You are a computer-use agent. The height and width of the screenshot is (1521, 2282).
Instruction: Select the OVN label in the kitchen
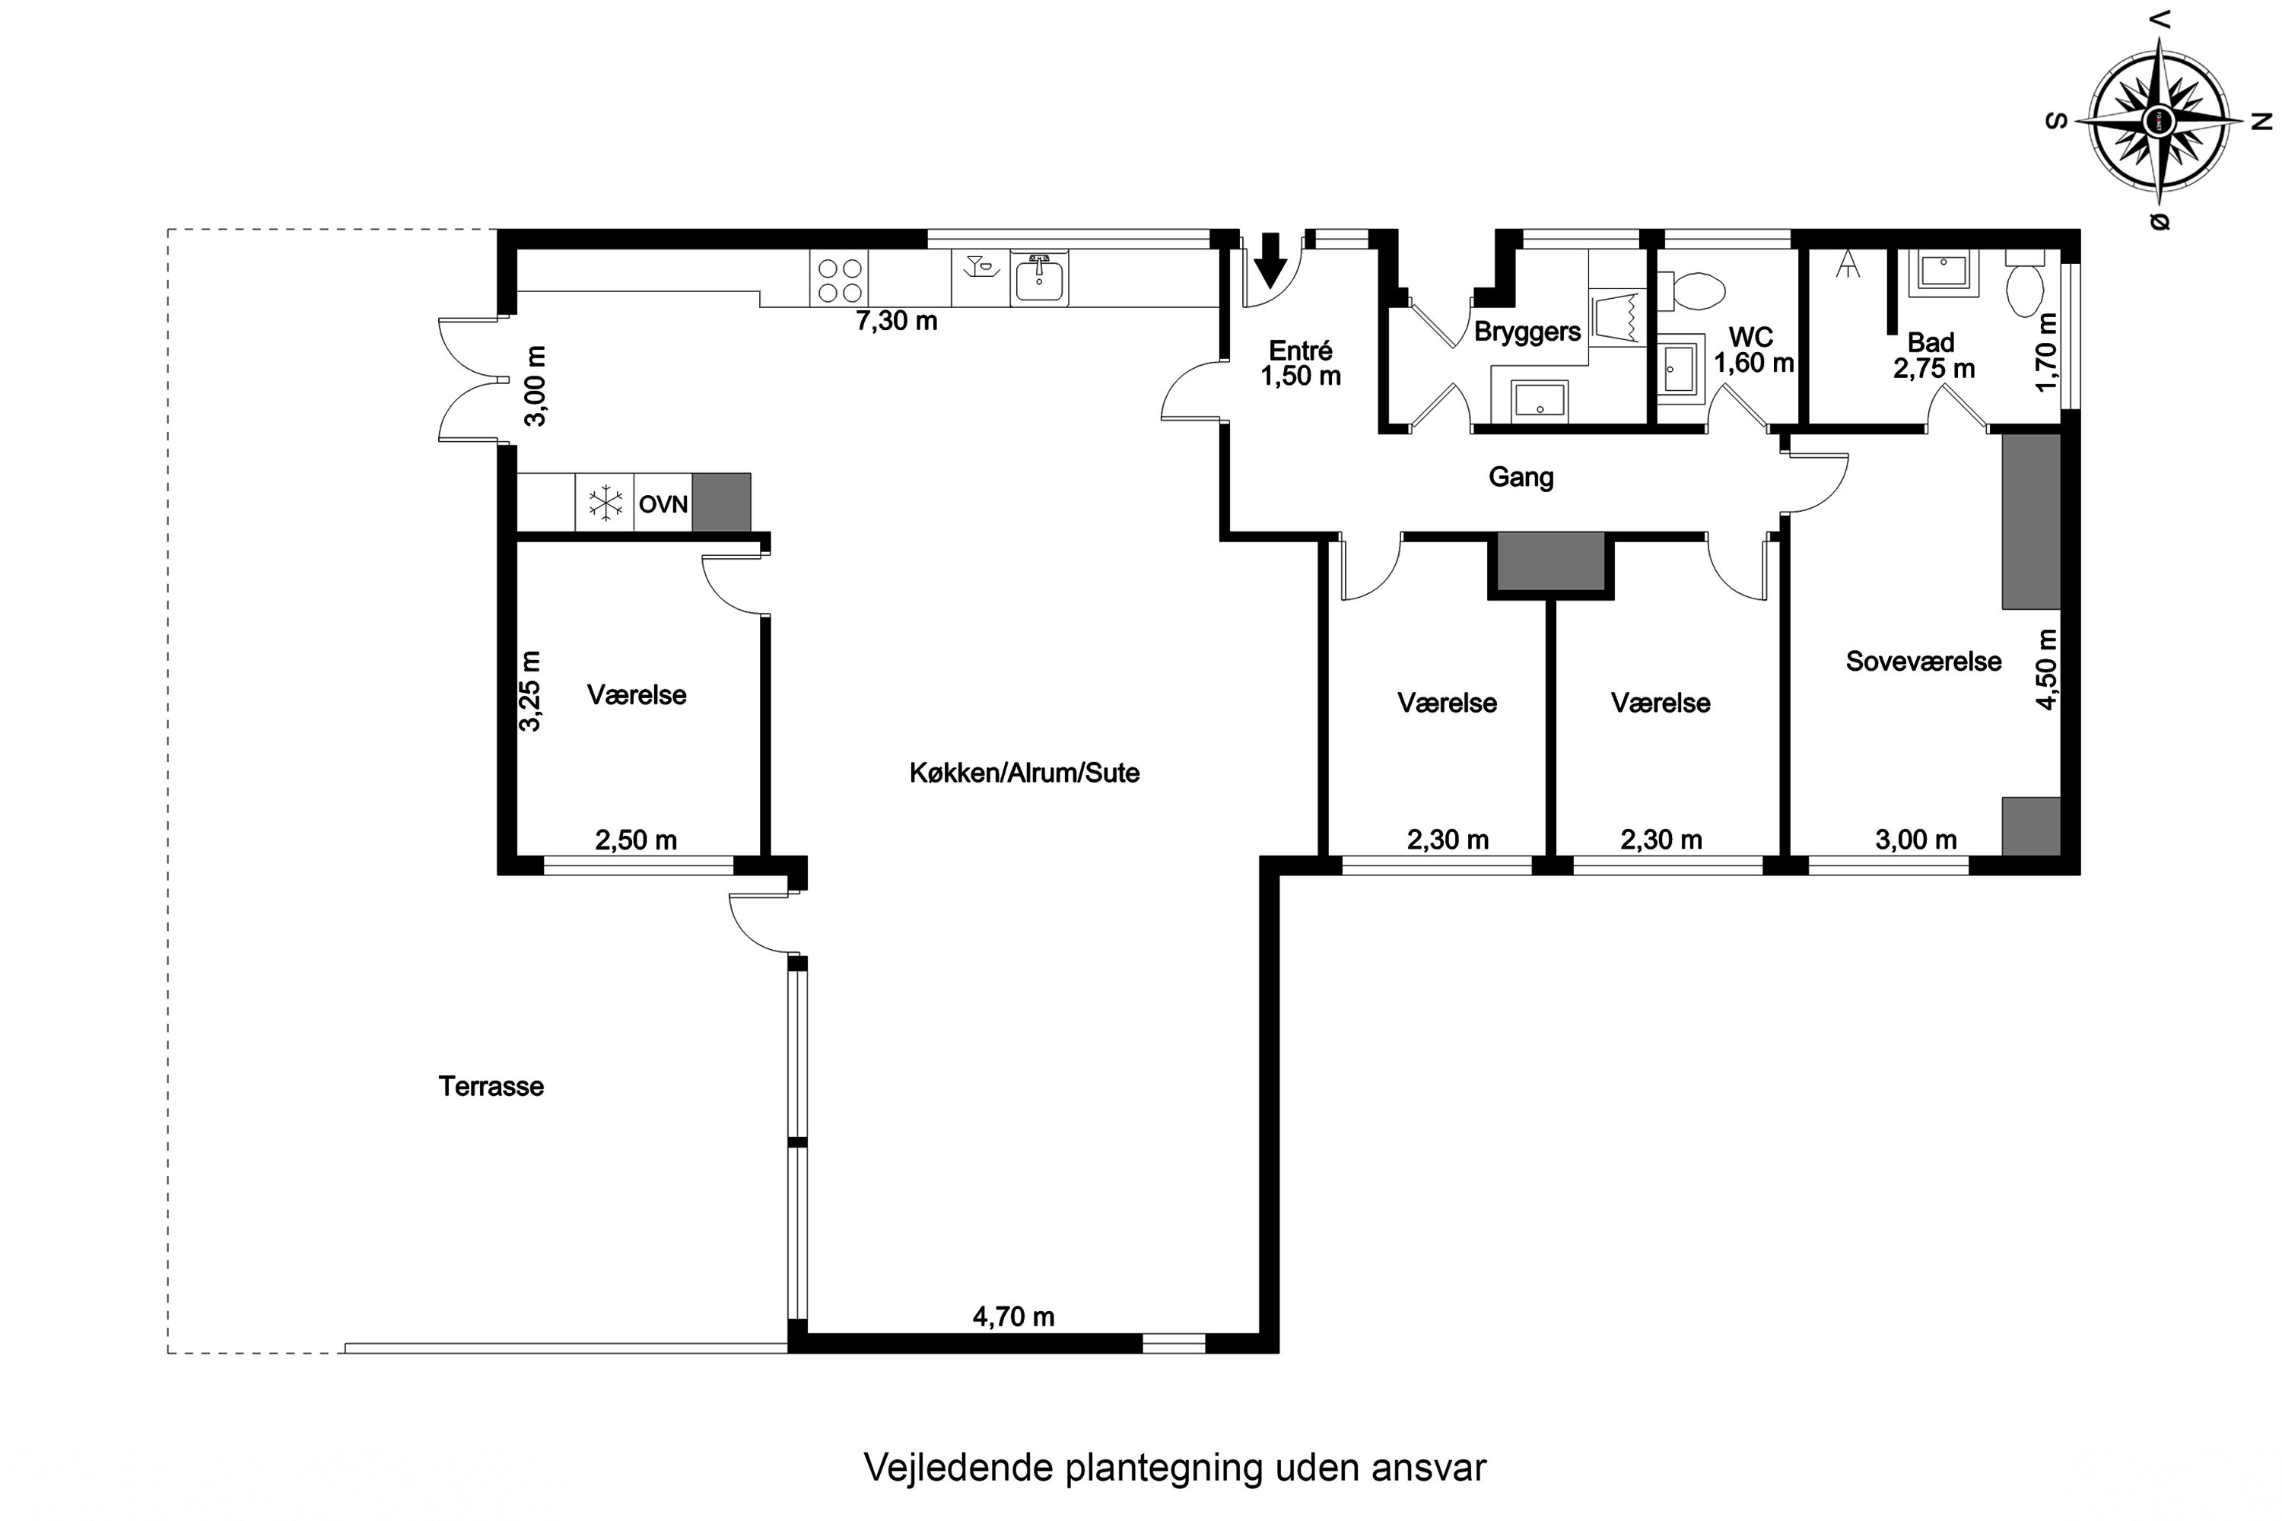pos(663,504)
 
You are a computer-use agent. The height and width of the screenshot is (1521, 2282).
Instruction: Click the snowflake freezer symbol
pos(605,503)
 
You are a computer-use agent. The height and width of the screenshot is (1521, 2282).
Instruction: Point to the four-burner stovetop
pos(839,279)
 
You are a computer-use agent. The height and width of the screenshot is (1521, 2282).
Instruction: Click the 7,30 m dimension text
pos(897,321)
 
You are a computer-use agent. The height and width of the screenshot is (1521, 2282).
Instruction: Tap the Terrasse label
pos(491,1087)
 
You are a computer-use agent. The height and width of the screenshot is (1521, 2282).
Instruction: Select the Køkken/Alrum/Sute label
pos(1025,773)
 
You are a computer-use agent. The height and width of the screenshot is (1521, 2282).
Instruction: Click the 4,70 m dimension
pos(1013,1316)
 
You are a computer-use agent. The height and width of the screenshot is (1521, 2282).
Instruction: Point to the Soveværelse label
pos(1923,662)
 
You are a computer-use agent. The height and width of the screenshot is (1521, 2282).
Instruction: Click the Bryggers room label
pos(1527,332)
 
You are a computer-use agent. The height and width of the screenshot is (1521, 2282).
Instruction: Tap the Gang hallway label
pos(1521,478)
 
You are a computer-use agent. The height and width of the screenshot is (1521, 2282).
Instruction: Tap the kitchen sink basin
pos(1039,279)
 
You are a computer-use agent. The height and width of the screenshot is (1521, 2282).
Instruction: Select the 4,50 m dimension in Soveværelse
pos(2046,669)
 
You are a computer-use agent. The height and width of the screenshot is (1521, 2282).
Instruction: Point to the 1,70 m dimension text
pos(2046,351)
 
